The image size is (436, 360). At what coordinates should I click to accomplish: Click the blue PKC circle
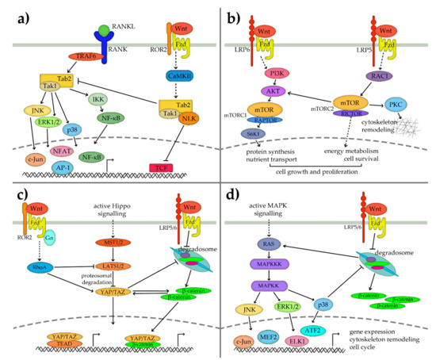coord(406,103)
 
